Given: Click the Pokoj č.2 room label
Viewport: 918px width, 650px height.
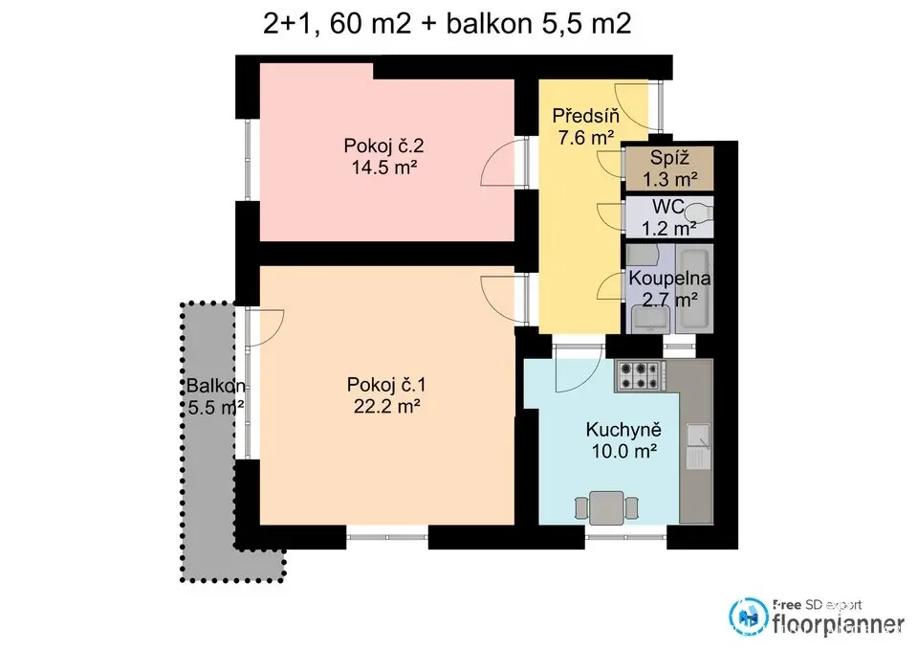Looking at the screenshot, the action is coord(383,146).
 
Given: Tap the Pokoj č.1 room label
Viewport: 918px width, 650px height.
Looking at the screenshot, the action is coord(386,385).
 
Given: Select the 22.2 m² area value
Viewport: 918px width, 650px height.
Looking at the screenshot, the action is coord(386,406).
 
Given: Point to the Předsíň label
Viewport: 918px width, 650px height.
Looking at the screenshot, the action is coord(585,116).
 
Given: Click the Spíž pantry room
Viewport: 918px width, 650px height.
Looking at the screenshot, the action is coord(669,168).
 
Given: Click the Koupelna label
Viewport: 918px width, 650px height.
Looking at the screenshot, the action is coord(669,279).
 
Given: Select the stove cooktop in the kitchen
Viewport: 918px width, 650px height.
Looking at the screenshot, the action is coord(641,376).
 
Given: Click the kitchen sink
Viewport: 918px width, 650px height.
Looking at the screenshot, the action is coord(698,446).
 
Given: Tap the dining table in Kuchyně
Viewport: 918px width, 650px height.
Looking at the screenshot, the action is coord(606,508).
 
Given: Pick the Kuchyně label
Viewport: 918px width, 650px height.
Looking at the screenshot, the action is coord(623,430).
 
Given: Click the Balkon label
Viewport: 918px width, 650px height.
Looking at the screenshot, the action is coord(215,386).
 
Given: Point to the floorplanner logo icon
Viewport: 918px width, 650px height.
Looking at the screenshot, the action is coord(748,616).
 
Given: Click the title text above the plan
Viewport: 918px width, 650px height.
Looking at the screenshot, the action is coord(448,24).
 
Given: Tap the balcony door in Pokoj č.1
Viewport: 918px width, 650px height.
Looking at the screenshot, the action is coord(265,328).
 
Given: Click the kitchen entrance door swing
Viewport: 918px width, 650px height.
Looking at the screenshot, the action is coord(579,369).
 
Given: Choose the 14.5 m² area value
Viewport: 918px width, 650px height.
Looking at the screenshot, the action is coord(384,168).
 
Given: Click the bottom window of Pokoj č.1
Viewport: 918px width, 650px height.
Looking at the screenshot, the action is coord(387,536).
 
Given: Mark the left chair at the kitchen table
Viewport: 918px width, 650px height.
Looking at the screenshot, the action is coord(580,508).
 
